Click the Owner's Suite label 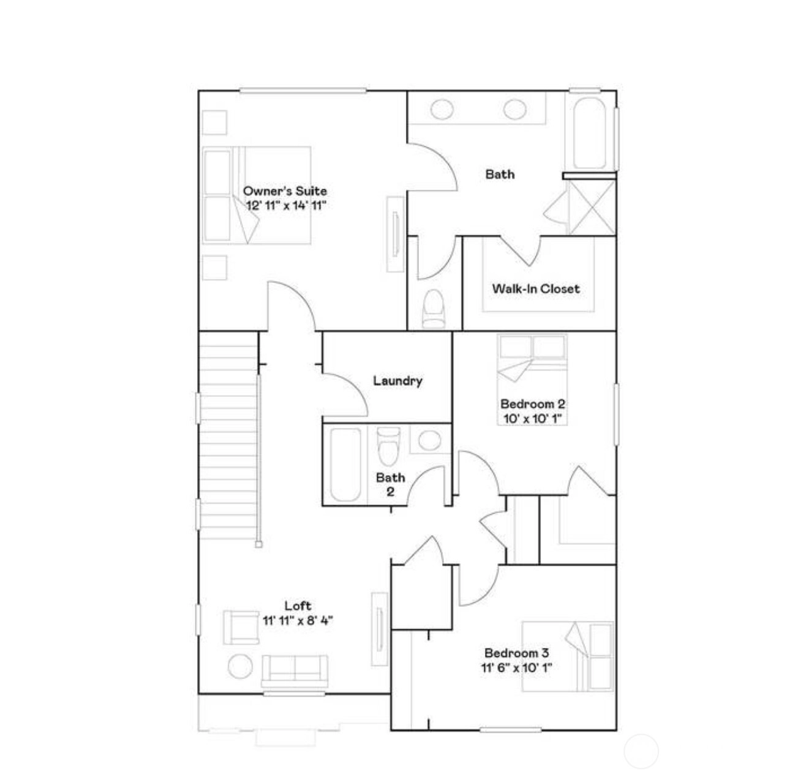coord(285,190)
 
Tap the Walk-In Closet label coord(536,288)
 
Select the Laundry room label coord(397,381)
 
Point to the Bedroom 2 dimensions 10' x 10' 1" coord(532,419)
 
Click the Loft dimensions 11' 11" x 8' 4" coord(297,621)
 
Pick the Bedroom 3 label coord(516,653)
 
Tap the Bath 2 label coord(390,484)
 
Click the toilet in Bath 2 coord(388,446)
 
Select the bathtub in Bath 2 coord(345,465)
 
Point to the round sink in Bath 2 coord(430,440)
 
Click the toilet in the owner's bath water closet coord(434,309)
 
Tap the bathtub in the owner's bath coord(590,133)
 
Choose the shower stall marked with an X coord(591,208)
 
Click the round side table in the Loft coord(240,666)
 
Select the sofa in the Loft coord(295,671)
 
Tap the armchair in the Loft coord(241,628)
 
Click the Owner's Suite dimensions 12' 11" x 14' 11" coord(286,205)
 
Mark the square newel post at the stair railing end coord(258,544)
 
